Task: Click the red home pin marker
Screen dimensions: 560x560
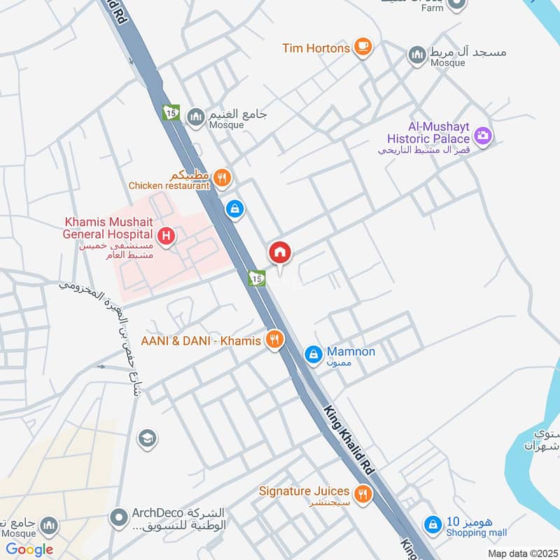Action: pyautogui.click(x=280, y=253)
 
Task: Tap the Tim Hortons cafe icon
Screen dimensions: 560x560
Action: pyautogui.click(x=362, y=47)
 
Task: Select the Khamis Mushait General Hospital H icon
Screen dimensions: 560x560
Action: pyautogui.click(x=166, y=236)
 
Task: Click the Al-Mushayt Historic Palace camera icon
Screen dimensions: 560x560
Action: pyautogui.click(x=482, y=135)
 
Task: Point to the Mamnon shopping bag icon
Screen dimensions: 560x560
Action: pyautogui.click(x=314, y=356)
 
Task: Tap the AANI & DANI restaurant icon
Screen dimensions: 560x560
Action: pyautogui.click(x=274, y=340)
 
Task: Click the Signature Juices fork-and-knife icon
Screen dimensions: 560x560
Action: pyautogui.click(x=362, y=495)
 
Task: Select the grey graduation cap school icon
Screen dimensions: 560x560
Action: pyautogui.click(x=147, y=439)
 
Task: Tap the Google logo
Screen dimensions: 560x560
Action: pyautogui.click(x=29, y=549)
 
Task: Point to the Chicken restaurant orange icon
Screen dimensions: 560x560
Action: pyautogui.click(x=222, y=178)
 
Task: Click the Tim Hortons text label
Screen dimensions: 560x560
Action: pyautogui.click(x=316, y=48)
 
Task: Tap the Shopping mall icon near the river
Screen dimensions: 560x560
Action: pyautogui.click(x=434, y=524)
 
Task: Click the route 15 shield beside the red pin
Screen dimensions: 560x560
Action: pyautogui.click(x=257, y=279)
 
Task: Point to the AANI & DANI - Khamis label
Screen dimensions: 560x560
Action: pyautogui.click(x=201, y=341)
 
